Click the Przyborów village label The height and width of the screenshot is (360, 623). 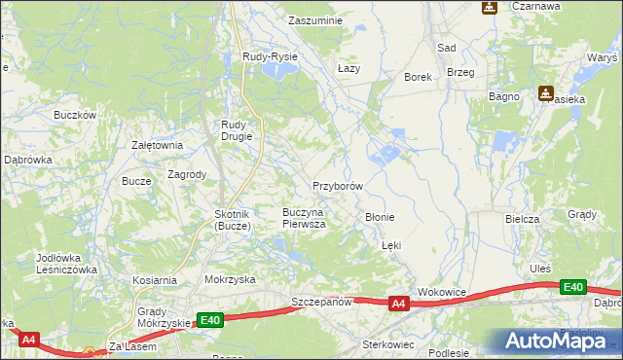point(338,185)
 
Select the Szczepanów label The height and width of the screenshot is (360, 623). point(320,303)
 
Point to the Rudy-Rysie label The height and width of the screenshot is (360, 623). point(270,57)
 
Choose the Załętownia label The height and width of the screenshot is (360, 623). point(158,145)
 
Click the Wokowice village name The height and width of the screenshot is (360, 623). point(443,292)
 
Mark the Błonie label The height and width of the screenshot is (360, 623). point(379,217)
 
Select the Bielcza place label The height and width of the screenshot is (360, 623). point(523,219)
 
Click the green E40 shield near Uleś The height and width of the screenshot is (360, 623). point(573,287)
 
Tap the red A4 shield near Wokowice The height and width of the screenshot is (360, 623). point(397,305)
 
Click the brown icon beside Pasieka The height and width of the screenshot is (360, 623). point(546,93)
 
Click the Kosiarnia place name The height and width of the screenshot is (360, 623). point(155,279)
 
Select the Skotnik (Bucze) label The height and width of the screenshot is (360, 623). point(234,219)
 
